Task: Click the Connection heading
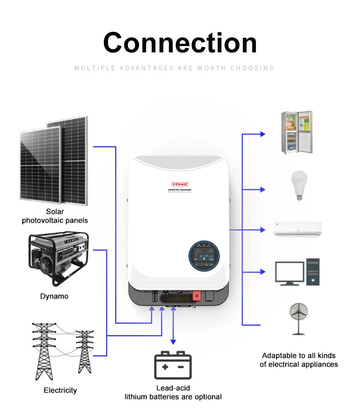pyautogui.click(x=180, y=43)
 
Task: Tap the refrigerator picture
pyautogui.click(x=296, y=132)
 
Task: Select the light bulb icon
pyautogui.click(x=299, y=185)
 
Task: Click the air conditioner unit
pyautogui.click(x=298, y=229)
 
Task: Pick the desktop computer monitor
pyautogui.click(x=289, y=272)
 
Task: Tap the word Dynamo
pyautogui.click(x=54, y=296)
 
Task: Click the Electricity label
pyautogui.click(x=60, y=390)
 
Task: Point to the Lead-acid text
pyautogui.click(x=173, y=388)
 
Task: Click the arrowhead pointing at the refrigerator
pyautogui.click(x=262, y=134)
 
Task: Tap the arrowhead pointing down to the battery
pyautogui.click(x=173, y=342)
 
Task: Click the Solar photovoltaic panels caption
pyautogui.click(x=55, y=216)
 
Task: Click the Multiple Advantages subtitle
pyautogui.click(x=174, y=68)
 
